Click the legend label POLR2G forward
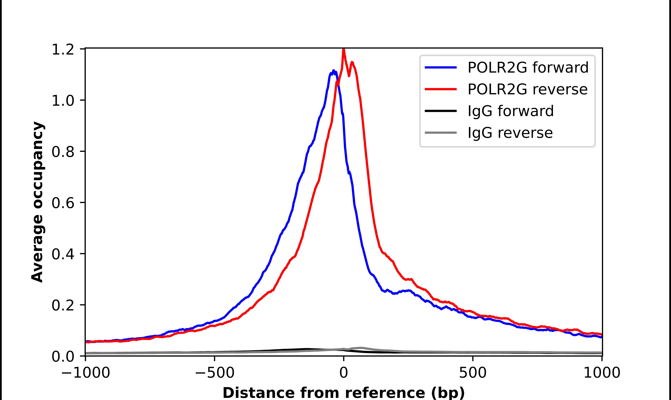coord(528,68)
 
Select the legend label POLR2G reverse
coord(527,89)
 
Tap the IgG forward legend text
coord(510,111)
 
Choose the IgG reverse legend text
coord(510,133)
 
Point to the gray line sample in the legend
coord(441,133)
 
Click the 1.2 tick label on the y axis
coord(63,50)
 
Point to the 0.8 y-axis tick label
coord(63,152)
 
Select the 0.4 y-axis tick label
coord(63,254)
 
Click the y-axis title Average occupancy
coord(37,202)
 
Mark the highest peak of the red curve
coord(343,49)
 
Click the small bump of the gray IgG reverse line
coord(361,348)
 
